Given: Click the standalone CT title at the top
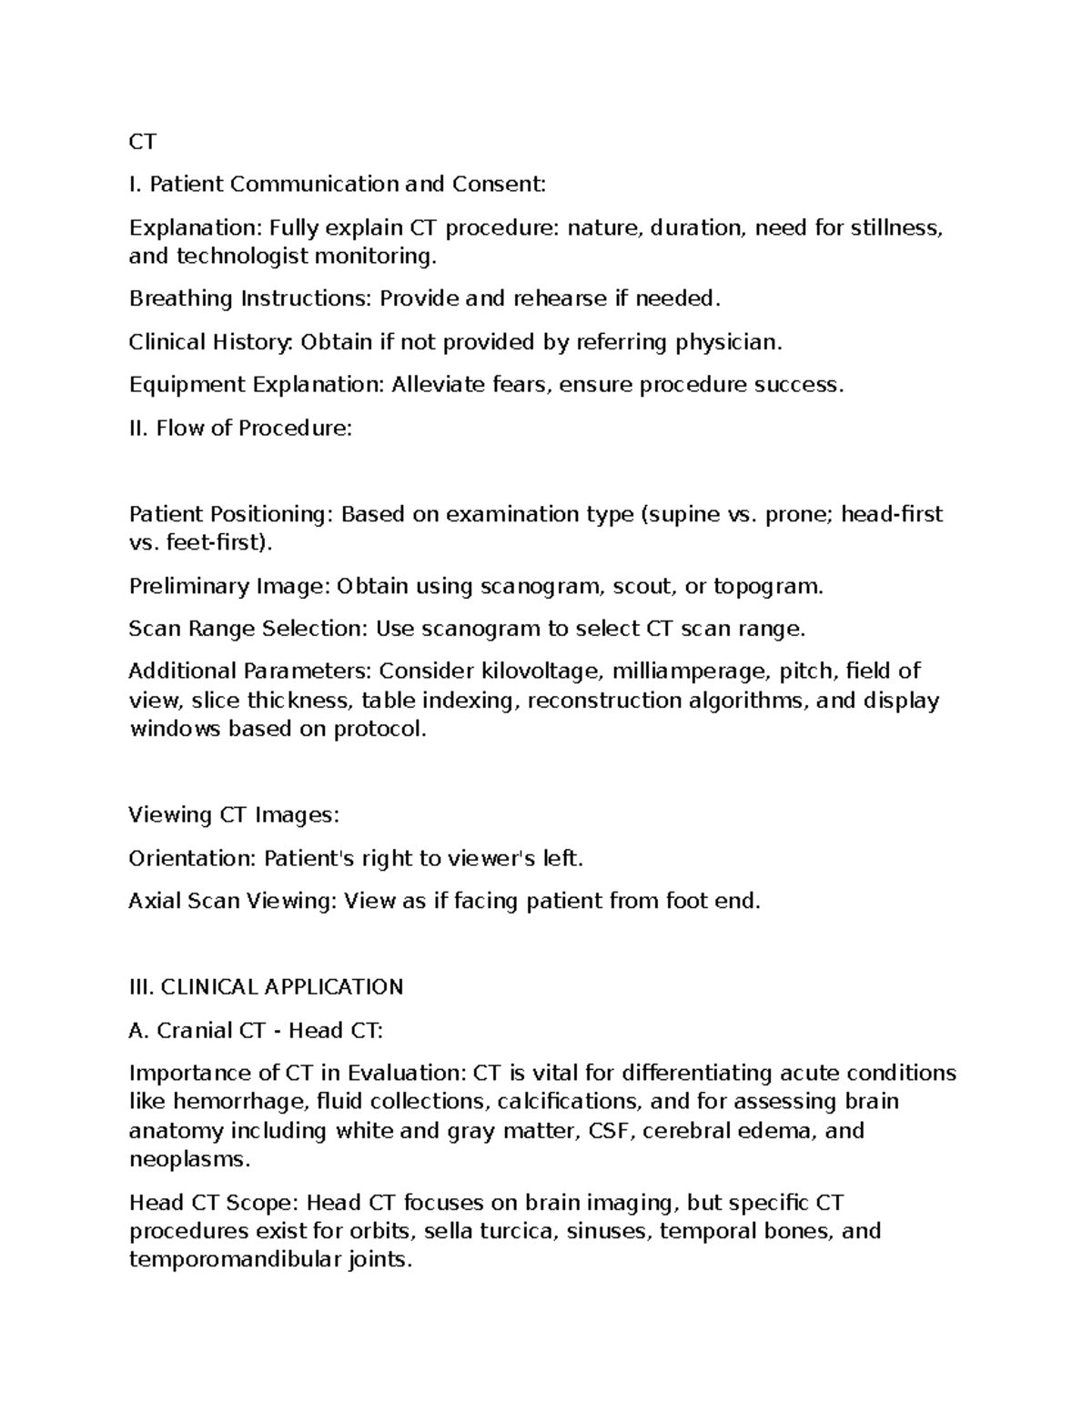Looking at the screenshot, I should (x=143, y=142).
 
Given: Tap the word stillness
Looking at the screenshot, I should (x=895, y=227).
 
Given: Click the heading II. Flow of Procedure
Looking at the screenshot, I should (x=240, y=429).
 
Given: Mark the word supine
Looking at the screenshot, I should (x=686, y=515).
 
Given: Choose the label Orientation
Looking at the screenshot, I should (x=192, y=859).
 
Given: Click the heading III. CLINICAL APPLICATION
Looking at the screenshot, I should (x=266, y=988).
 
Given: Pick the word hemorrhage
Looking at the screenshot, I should (x=238, y=1103).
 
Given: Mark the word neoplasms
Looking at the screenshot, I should (x=188, y=1161).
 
